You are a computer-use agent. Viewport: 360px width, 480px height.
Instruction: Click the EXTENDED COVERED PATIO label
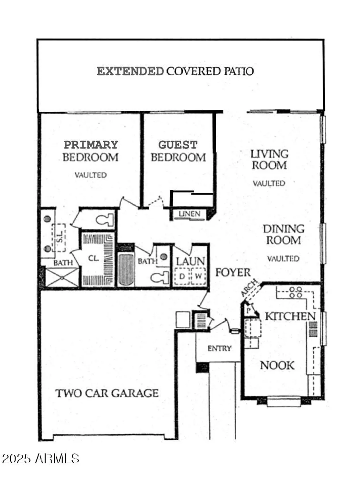coord(175,71)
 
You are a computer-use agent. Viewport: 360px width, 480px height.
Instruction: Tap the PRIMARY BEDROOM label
coord(91,151)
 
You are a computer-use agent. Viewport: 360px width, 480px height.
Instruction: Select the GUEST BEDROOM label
coord(178,151)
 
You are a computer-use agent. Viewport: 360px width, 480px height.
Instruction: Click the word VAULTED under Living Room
coord(268,183)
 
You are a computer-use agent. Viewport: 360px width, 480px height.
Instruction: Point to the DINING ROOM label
coord(283,234)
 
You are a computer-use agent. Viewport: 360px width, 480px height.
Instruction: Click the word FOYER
coord(233,273)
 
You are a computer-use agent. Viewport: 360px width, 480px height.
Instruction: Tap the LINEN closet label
coord(189,214)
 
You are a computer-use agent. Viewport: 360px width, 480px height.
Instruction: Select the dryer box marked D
coord(182,276)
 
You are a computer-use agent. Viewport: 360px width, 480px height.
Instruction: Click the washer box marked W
coord(198,276)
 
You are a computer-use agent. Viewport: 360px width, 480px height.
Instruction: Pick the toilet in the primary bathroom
coord(105,220)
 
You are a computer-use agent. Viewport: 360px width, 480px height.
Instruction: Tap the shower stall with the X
coord(62,277)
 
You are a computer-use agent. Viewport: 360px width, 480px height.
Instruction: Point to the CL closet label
coord(93,258)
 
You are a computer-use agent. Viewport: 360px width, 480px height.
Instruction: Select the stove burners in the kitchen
coord(295,292)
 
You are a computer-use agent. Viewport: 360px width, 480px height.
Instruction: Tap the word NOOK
coord(277,365)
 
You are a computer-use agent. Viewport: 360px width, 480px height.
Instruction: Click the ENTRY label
coord(219,348)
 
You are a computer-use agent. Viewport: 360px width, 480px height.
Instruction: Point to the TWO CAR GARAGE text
coord(107,393)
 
